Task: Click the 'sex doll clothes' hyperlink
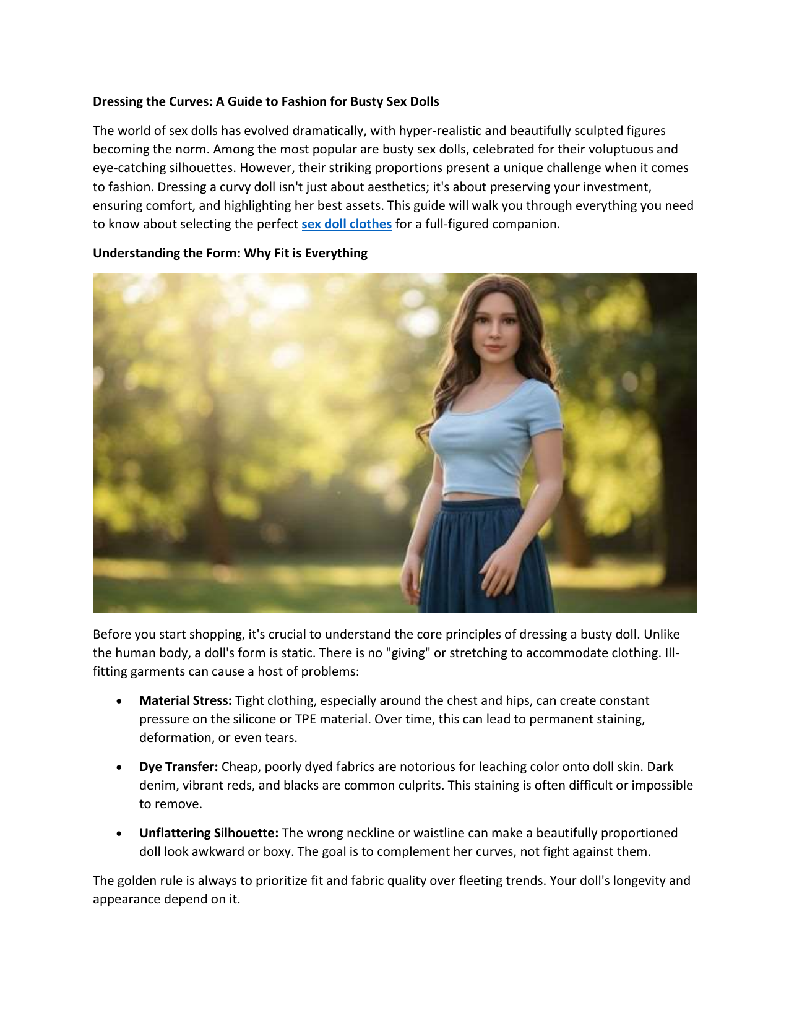click(347, 224)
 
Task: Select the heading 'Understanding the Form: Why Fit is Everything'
click(230, 253)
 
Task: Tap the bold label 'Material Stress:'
click(186, 700)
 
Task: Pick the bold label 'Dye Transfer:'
click(178, 767)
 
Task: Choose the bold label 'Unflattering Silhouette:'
click(209, 833)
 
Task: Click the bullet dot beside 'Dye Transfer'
click(119, 767)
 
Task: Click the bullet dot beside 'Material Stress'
click(119, 701)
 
